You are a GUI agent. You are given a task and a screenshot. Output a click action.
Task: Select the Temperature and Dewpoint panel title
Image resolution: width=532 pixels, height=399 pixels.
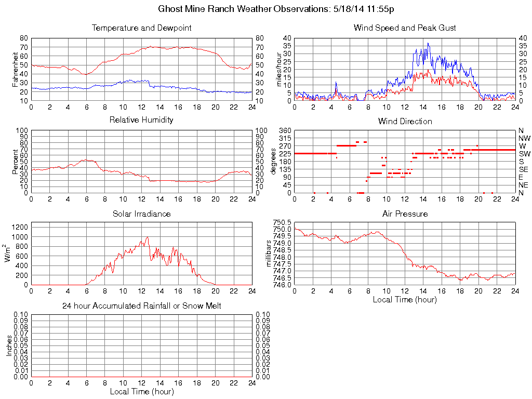tap(141, 28)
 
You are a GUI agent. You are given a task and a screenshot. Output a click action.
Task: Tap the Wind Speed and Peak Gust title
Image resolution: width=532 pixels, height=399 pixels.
tap(405, 28)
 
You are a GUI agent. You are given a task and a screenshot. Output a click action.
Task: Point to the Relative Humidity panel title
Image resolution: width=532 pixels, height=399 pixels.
tap(141, 120)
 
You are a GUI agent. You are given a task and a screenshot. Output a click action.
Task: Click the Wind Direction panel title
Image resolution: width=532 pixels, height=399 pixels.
tap(405, 121)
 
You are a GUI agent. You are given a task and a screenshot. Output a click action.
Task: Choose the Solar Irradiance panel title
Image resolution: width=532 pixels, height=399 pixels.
tap(141, 214)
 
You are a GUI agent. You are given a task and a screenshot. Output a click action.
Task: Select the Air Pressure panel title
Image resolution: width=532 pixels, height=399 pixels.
tap(405, 214)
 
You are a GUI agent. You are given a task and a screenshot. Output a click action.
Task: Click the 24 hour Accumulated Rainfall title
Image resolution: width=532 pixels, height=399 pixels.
tap(141, 306)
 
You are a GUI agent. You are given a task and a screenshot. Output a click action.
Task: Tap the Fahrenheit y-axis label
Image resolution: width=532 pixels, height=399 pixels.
tap(15, 69)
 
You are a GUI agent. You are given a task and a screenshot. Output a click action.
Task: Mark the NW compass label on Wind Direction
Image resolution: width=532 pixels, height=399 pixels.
tap(524, 138)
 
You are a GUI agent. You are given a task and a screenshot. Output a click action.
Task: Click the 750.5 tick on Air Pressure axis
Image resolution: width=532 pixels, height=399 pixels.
tap(282, 222)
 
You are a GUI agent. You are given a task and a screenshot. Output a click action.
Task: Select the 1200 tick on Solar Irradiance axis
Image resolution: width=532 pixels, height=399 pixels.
tap(20, 226)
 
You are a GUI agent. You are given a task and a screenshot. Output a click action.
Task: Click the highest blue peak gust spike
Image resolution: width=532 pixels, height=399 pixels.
tap(428, 43)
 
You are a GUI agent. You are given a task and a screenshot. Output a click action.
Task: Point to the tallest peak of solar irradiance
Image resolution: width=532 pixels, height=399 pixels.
tap(148, 237)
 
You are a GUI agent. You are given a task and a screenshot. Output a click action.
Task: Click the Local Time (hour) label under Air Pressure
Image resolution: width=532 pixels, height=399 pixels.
tap(405, 299)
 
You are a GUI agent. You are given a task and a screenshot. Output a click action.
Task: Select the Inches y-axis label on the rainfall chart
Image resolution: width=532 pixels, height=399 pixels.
tap(9, 345)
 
